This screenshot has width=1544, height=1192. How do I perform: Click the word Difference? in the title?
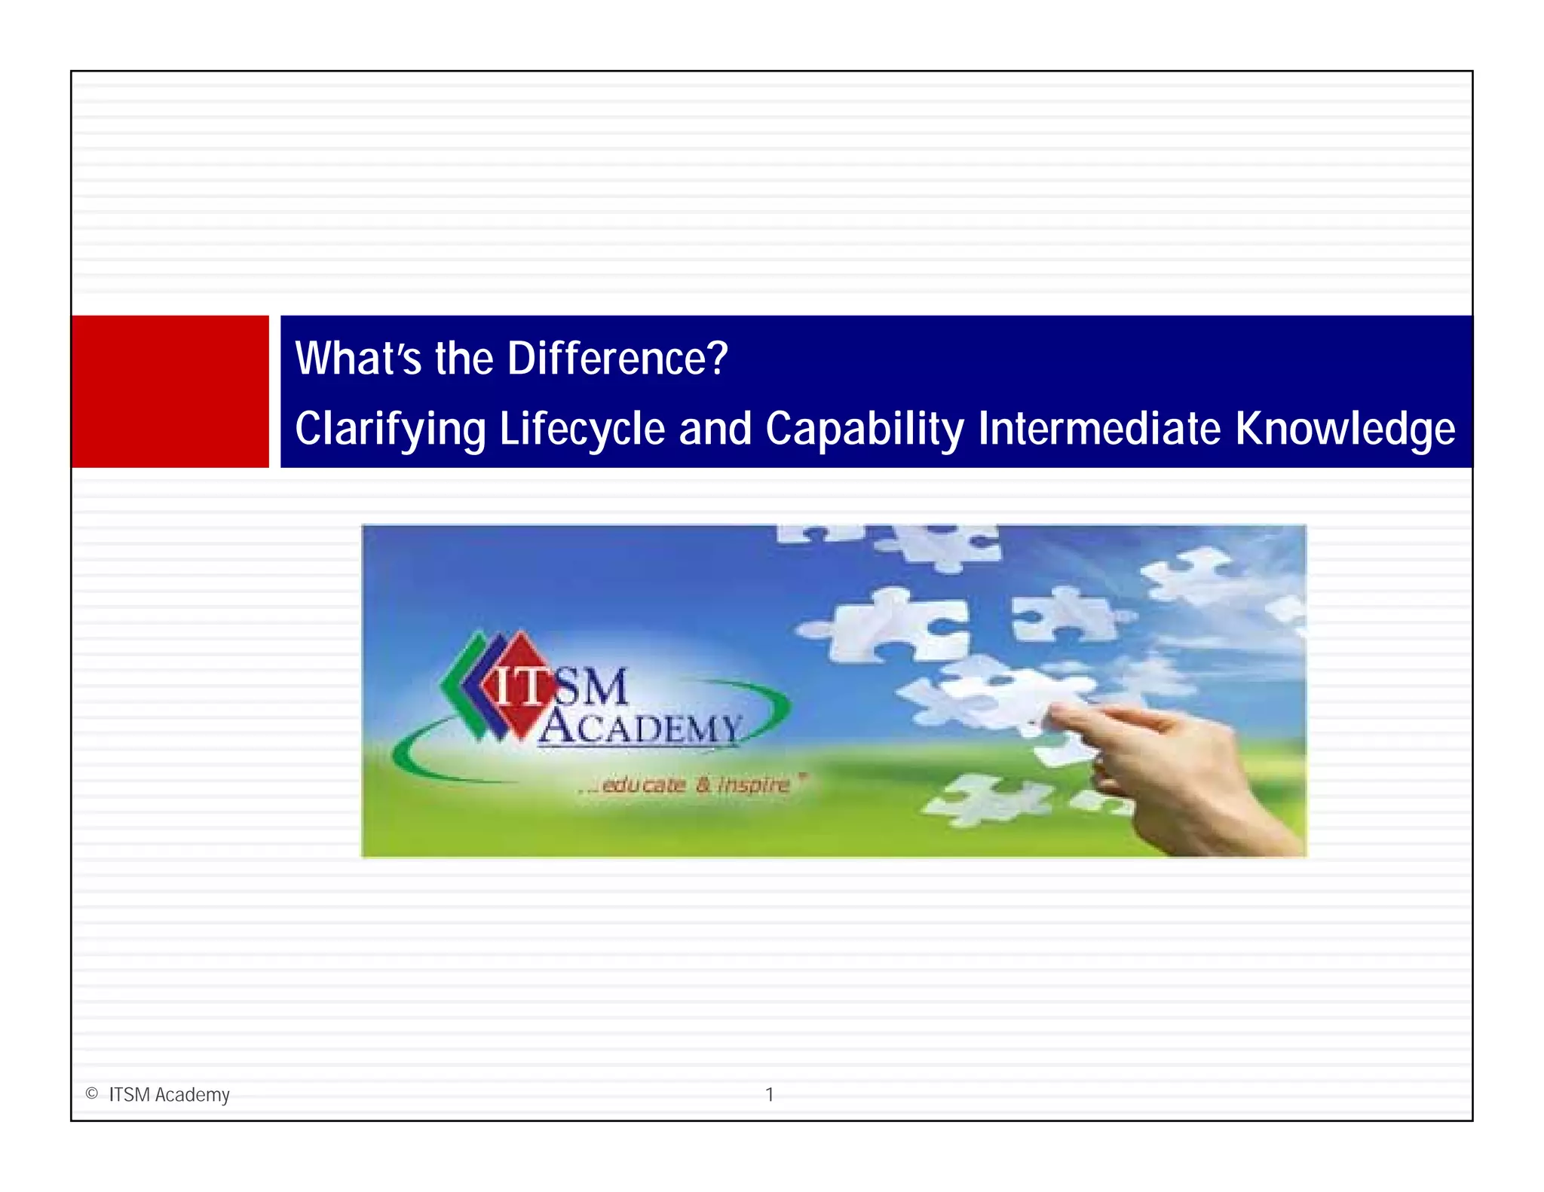tap(617, 359)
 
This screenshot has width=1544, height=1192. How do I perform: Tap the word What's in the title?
tap(357, 359)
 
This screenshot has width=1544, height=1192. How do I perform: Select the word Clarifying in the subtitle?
tap(390, 429)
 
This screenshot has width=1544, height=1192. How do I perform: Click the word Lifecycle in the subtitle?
tap(582, 429)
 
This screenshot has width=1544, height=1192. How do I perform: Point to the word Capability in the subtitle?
tap(864, 429)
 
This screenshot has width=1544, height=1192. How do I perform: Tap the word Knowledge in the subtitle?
tap(1344, 429)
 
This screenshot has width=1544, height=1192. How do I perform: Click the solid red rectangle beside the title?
tap(170, 392)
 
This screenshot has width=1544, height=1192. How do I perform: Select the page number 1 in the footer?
tap(769, 1094)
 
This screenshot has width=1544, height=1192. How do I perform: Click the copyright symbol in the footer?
tap(92, 1093)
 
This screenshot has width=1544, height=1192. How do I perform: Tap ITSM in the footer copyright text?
tap(129, 1095)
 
